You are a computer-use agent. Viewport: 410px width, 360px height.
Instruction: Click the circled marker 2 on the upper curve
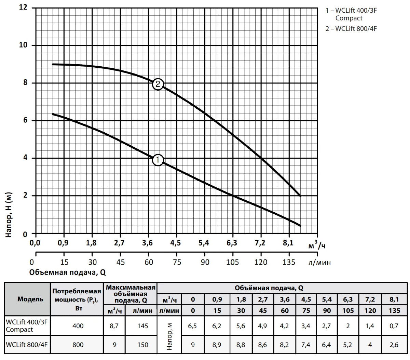[x=158, y=84]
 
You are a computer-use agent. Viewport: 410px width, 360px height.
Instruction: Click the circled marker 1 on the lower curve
[x=158, y=160]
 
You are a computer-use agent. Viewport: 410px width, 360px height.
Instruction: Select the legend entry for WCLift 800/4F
[x=351, y=29]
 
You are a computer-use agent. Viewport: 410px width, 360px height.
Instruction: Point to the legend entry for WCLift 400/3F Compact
[x=351, y=14]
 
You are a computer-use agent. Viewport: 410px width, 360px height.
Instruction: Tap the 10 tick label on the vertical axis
[x=23, y=45]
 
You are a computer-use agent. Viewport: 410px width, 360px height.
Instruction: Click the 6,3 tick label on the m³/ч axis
[x=232, y=243]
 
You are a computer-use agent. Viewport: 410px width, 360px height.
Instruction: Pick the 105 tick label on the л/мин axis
[x=233, y=262]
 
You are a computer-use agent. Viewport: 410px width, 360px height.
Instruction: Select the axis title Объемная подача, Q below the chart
[x=68, y=272]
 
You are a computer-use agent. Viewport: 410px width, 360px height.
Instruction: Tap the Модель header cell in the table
[x=30, y=299]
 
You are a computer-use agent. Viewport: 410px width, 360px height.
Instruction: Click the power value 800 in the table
[x=78, y=345]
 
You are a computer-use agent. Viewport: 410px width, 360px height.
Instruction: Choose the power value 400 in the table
[x=78, y=326]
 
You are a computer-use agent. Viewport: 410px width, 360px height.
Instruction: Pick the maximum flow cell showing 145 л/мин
[x=142, y=326]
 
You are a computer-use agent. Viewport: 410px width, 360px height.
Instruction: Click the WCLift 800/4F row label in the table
[x=26, y=345]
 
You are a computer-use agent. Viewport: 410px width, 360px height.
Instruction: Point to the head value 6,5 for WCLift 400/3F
[x=193, y=326]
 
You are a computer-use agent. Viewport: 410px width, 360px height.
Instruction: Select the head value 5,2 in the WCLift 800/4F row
[x=348, y=345]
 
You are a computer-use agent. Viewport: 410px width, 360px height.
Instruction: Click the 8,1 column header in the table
[x=394, y=299]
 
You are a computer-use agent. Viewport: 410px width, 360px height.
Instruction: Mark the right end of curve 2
[x=300, y=196]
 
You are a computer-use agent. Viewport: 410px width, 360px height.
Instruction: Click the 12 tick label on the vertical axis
[x=23, y=8]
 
